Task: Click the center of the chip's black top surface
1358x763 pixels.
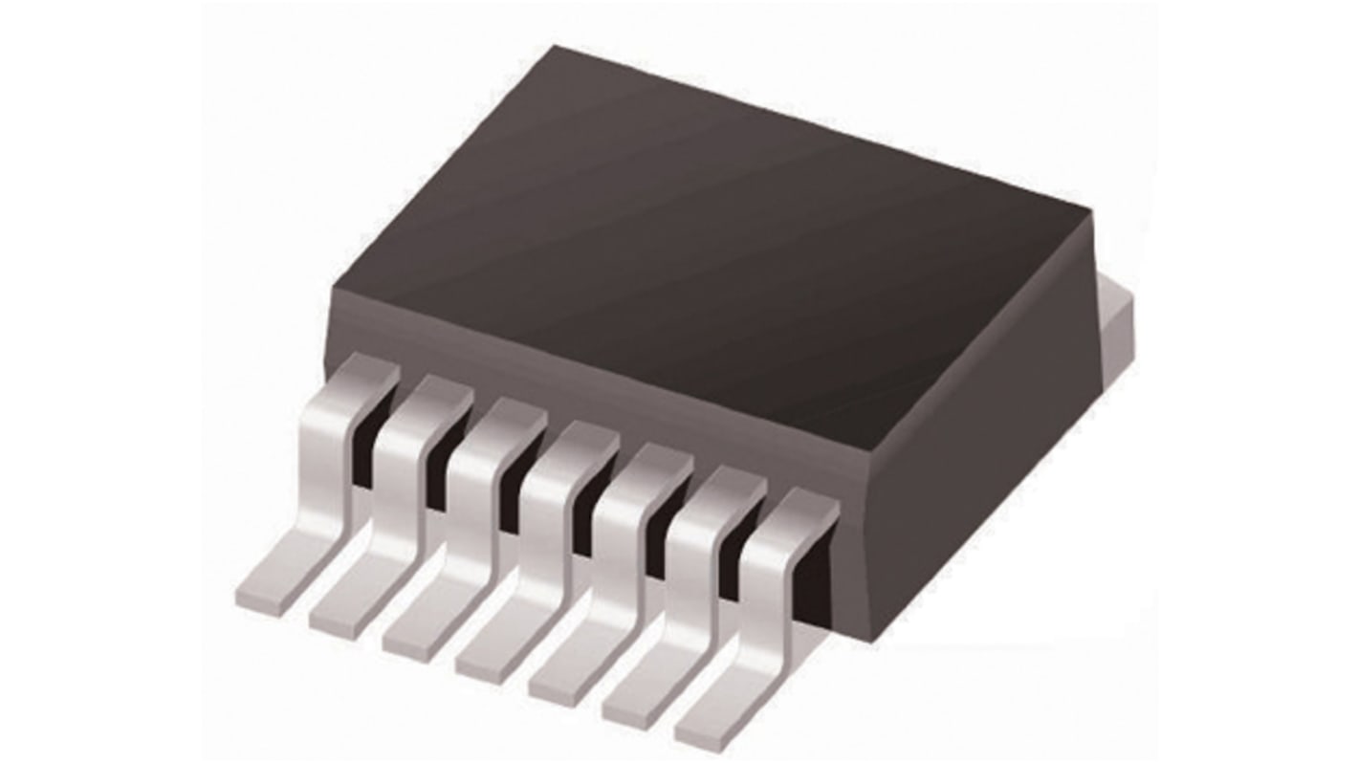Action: (727, 239)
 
